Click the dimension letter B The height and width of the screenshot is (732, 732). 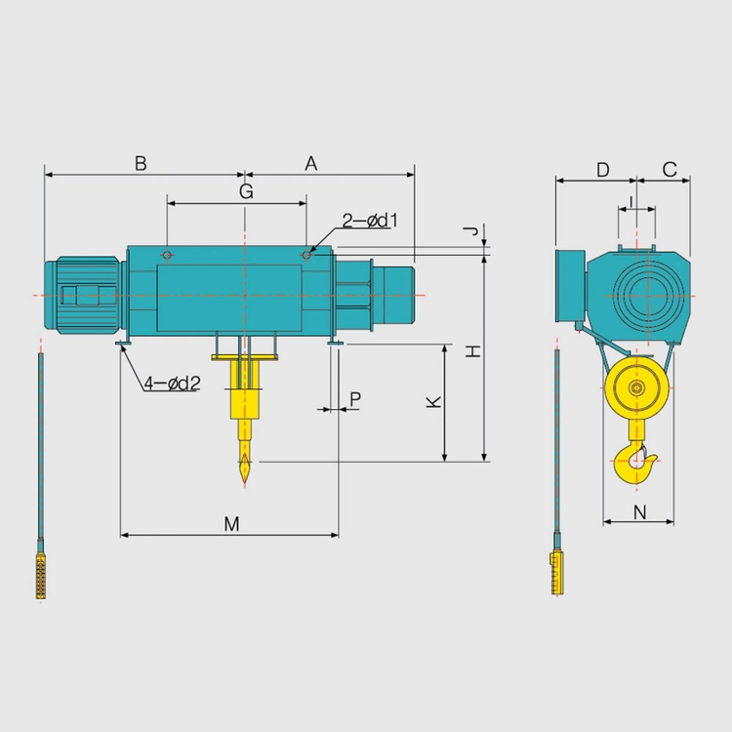coord(141,164)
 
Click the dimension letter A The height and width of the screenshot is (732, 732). coord(311,164)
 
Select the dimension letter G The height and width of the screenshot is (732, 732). coord(246,191)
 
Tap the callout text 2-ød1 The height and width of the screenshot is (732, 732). coord(370,221)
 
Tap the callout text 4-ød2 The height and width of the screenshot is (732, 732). coord(172,384)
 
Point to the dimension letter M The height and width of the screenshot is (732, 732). coord(231,524)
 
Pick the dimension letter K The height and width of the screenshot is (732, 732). coord(434,402)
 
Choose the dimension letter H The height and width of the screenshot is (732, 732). coord(473,351)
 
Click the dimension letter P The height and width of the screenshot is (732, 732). coord(355,399)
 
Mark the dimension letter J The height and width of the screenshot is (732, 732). coord(472,230)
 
